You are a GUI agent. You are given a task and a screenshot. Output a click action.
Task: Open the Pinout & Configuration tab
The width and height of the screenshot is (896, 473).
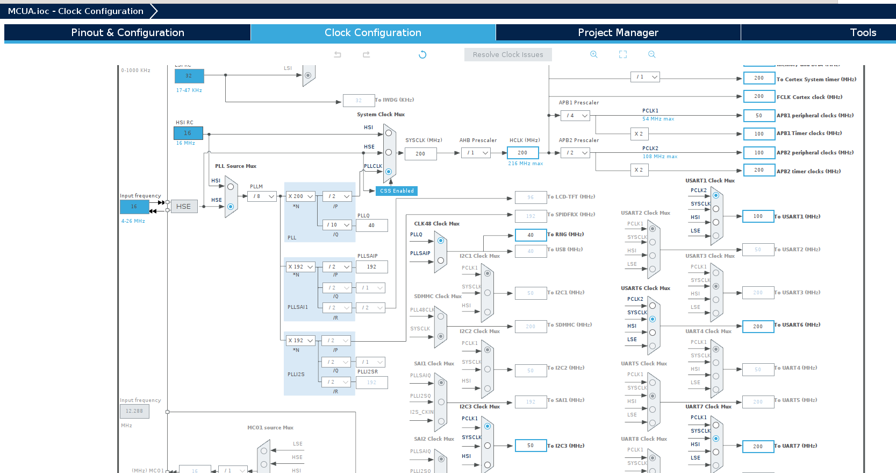(127, 32)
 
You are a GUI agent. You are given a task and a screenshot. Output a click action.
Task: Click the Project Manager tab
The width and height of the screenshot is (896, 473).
(618, 32)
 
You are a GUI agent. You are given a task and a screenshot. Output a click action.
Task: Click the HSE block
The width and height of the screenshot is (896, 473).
(184, 207)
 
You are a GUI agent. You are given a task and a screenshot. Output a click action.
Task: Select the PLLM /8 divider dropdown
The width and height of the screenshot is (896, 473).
(262, 196)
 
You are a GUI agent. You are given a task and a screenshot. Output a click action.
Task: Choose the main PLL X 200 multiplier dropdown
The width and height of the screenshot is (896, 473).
(300, 196)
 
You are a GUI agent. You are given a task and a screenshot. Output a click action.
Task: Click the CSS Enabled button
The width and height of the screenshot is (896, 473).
(397, 191)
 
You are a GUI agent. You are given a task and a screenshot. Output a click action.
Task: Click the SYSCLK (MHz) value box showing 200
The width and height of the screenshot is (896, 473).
(420, 154)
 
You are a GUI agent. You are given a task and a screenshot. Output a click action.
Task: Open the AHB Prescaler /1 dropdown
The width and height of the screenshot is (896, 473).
(476, 153)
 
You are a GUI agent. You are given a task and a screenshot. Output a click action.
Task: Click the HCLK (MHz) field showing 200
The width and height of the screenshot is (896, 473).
(522, 153)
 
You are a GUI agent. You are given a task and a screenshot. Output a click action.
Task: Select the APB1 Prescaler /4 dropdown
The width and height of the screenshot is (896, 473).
(575, 116)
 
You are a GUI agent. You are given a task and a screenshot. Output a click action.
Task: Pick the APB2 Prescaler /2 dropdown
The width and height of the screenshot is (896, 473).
(575, 153)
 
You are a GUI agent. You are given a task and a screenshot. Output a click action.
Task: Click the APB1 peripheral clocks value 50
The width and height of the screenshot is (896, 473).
(758, 116)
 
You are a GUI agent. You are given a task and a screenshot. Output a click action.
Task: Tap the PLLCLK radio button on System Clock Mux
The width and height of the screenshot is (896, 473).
(389, 172)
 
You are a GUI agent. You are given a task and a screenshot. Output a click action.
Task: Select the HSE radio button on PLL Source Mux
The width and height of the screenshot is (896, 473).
(231, 207)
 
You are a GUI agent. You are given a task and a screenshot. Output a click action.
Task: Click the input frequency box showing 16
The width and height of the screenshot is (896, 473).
(134, 207)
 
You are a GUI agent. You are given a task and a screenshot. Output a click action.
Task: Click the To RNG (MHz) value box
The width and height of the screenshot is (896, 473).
(530, 235)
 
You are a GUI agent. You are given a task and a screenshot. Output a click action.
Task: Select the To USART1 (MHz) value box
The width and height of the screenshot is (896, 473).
(758, 216)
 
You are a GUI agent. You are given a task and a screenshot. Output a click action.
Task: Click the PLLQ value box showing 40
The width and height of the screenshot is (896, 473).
(371, 225)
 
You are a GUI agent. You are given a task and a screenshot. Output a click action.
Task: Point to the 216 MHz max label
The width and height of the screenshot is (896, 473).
(525, 164)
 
